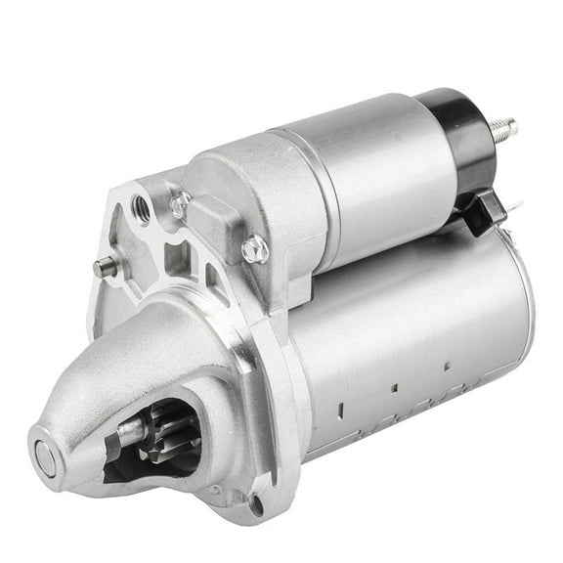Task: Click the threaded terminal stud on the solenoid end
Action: [502, 127]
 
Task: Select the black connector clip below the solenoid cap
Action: [486, 210]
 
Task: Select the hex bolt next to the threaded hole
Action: [179, 205]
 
